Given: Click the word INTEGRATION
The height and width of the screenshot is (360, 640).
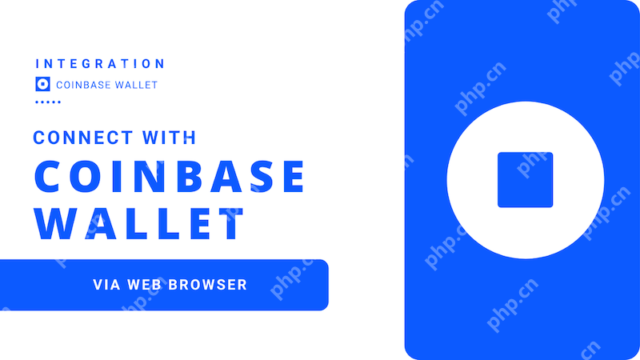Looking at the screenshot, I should pos(101,63).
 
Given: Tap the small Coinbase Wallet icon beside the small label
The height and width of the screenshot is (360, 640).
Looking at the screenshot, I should pos(43,84).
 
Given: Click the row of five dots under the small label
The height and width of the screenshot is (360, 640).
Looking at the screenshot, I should pos(48,102).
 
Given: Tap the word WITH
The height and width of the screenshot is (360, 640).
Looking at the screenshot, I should pos(170,138).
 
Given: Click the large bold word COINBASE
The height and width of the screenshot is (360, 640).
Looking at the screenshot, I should pos(169,177).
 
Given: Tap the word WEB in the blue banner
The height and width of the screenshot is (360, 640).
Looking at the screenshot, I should pos(146,284).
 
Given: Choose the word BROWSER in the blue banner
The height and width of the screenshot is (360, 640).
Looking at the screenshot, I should pos(210,284).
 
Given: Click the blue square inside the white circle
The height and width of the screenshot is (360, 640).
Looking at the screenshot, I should pos(525,179).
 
